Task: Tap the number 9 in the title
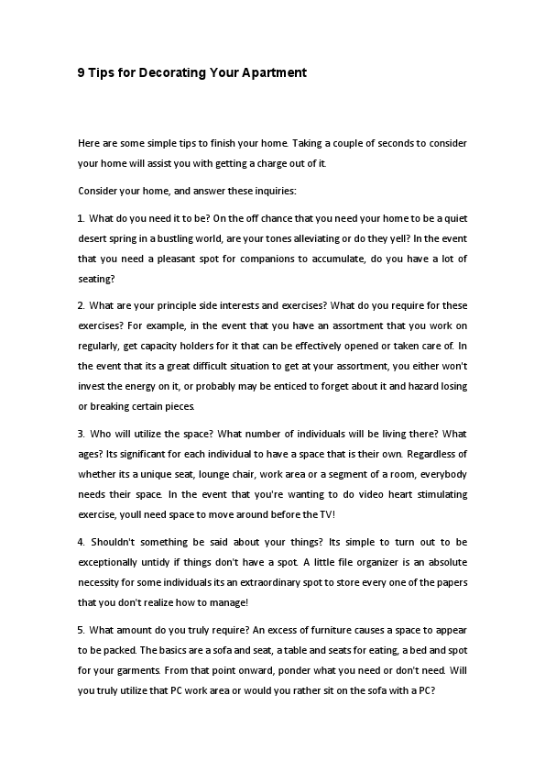(82, 72)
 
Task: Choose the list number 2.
(81, 304)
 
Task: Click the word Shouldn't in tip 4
(114, 544)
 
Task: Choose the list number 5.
(81, 630)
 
